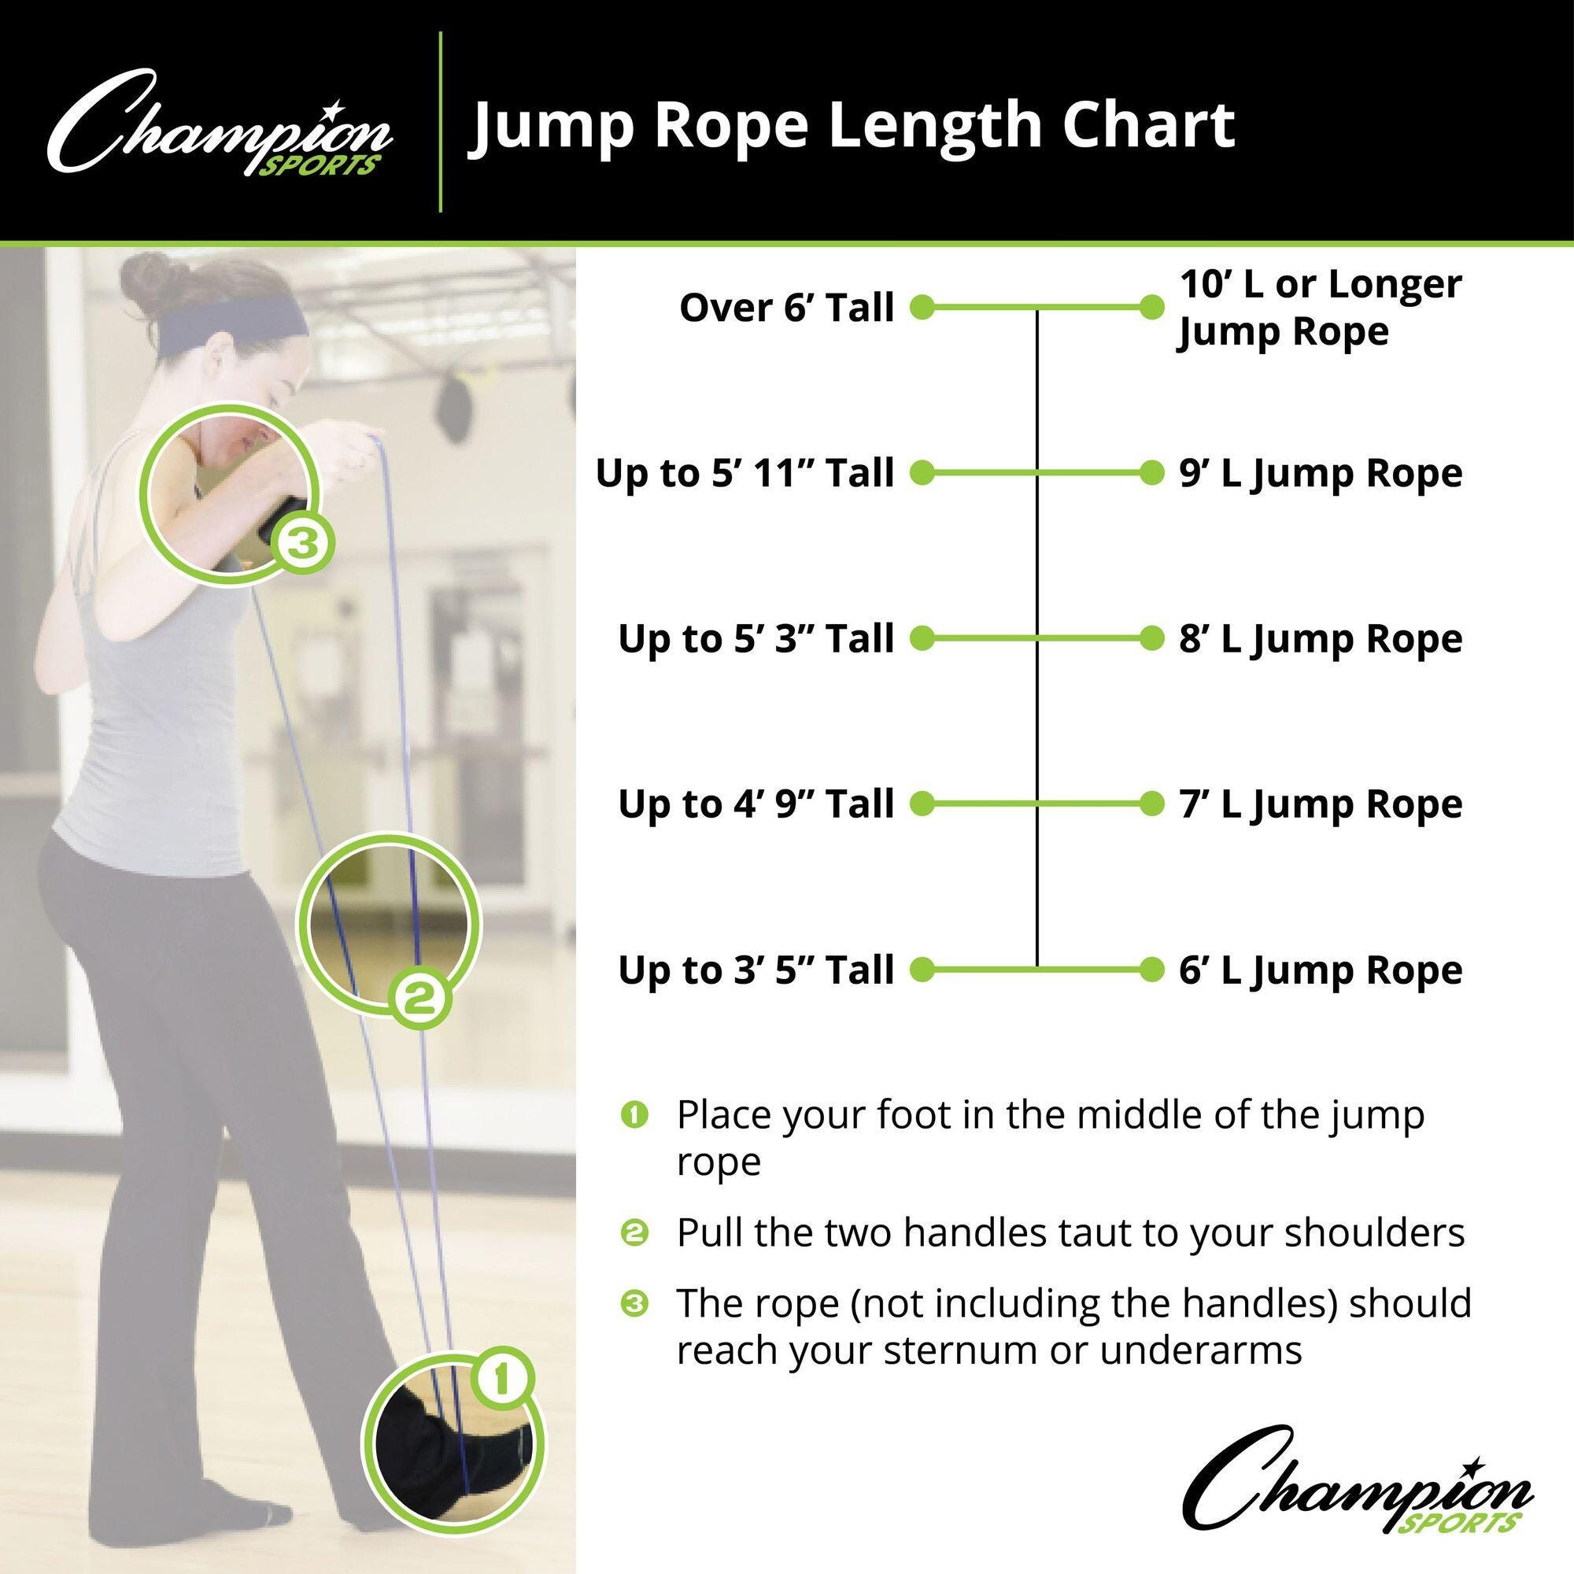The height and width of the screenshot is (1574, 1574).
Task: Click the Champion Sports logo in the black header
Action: pyautogui.click(x=220, y=124)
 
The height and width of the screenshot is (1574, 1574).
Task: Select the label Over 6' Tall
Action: pyautogui.click(x=787, y=308)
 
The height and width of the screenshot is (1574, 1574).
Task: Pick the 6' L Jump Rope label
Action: pyautogui.click(x=1321, y=971)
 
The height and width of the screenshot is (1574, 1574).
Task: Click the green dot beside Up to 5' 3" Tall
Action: pyautogui.click(x=922, y=638)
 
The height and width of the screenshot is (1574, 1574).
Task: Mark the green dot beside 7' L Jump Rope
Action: pyautogui.click(x=1151, y=804)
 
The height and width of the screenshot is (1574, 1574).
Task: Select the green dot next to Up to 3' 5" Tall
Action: pyautogui.click(x=922, y=969)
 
